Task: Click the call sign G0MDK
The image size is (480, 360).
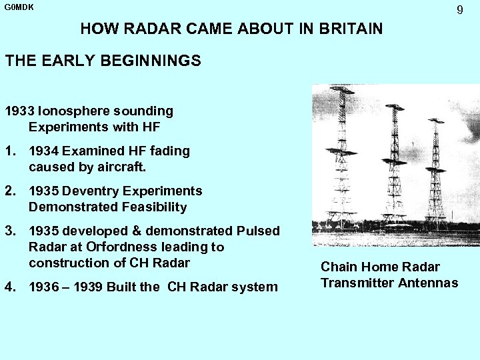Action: [19, 7]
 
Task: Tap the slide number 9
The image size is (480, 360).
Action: [459, 10]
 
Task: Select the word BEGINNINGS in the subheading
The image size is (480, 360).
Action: [151, 61]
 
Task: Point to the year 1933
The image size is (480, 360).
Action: [20, 111]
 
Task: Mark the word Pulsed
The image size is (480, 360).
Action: [258, 231]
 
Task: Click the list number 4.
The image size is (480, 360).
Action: [9, 287]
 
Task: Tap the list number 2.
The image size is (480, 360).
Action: [9, 191]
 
